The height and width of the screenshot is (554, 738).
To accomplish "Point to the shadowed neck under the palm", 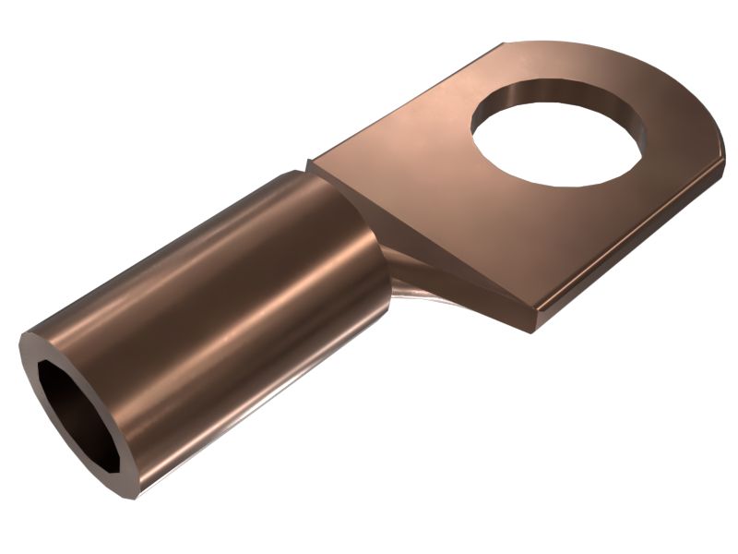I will click(x=411, y=282).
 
